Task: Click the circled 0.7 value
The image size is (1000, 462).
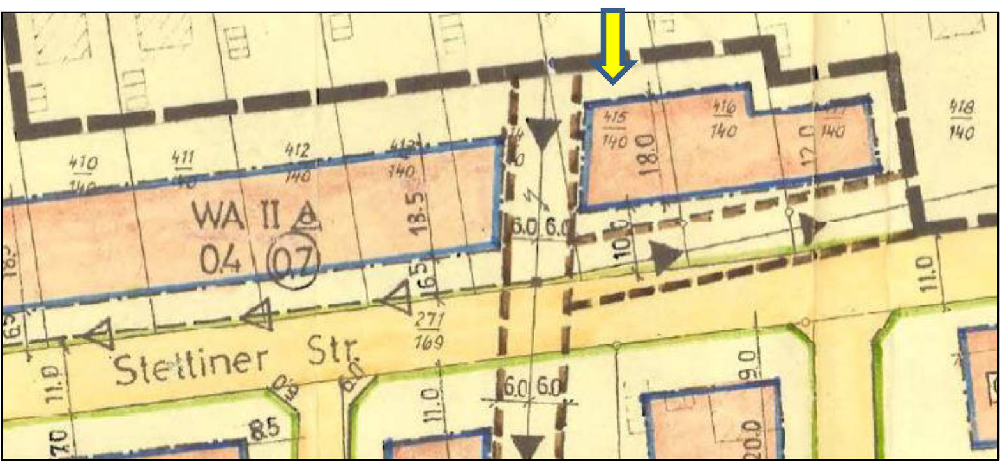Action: pos(296,262)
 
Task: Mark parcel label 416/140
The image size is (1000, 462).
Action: pos(722,121)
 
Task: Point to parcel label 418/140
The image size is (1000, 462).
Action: pos(961,120)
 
